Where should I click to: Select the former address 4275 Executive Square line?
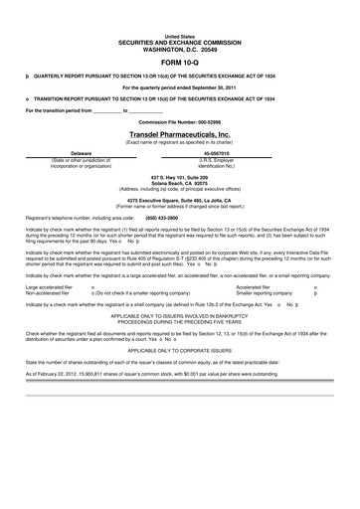click(179, 200)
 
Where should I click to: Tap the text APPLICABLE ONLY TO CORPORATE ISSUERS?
click(179, 378)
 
